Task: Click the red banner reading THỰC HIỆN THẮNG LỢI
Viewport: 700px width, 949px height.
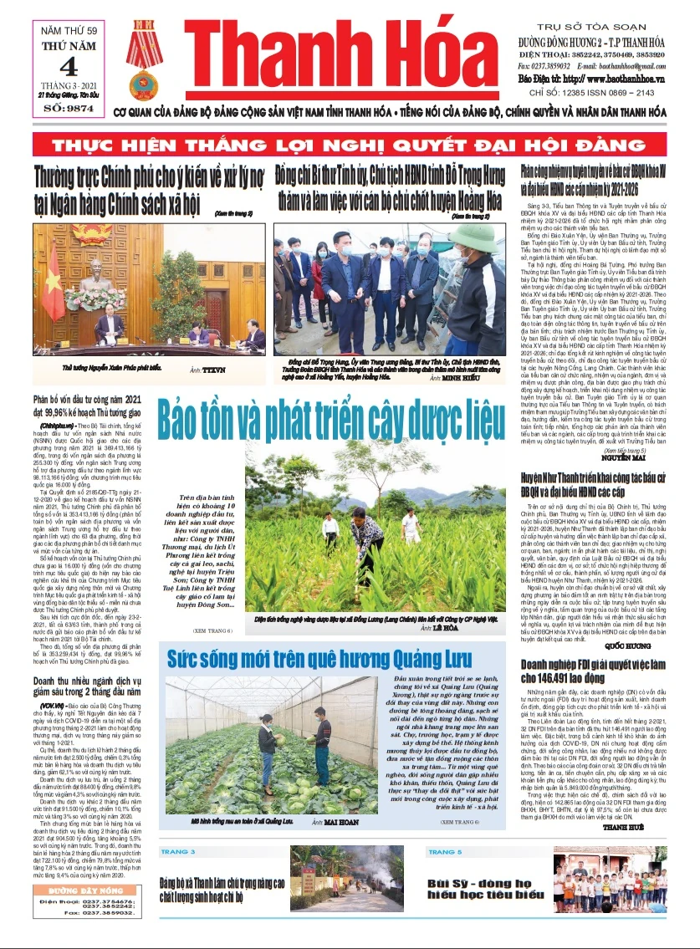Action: coord(350,145)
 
